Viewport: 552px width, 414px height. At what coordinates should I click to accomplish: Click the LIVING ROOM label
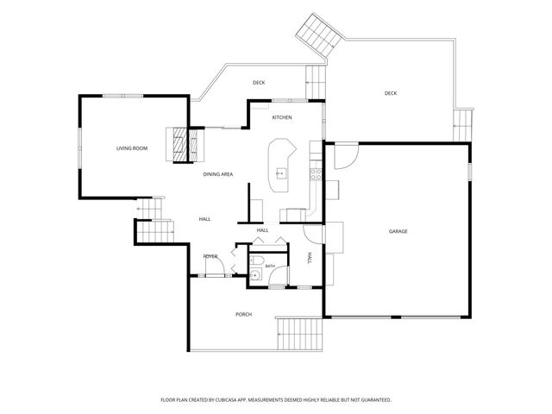coord(132,148)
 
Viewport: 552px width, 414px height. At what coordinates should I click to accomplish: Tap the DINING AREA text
coord(218,174)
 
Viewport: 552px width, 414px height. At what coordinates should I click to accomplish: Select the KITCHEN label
coord(282,117)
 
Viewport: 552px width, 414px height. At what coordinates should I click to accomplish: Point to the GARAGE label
coord(398,231)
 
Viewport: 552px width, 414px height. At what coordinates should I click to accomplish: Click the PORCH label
coord(243,314)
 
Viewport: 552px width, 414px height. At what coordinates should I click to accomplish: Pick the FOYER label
coord(210,256)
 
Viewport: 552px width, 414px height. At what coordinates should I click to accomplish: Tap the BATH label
coord(270,267)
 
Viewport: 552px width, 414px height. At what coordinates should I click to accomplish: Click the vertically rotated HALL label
coord(310,258)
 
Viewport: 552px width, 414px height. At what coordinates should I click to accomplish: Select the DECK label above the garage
coord(391,93)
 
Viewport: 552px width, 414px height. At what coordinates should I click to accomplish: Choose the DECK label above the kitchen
coord(259,83)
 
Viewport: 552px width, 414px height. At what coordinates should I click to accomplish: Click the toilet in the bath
coord(257,260)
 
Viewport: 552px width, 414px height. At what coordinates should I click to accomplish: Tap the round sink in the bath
coord(255,274)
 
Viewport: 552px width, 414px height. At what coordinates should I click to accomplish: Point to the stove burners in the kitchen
coord(316,174)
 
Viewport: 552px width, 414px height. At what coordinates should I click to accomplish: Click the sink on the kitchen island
coord(281,174)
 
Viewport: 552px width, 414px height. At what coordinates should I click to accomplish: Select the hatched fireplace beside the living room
coord(179,144)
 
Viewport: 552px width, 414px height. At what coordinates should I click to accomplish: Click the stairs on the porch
coord(300,334)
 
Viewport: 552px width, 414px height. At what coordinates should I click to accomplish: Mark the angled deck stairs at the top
coord(320,34)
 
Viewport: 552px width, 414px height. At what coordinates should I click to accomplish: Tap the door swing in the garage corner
coord(346,155)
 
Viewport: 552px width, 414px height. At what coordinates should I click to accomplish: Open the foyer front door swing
coord(216,265)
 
